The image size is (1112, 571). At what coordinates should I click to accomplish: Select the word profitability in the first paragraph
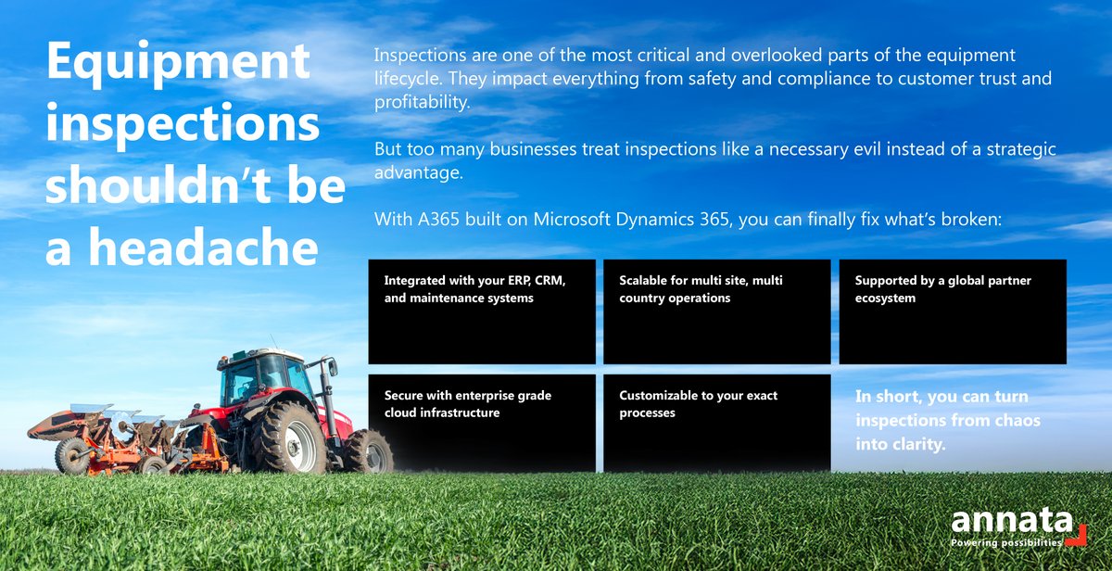(422, 101)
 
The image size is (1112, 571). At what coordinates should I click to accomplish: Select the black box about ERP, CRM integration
(482, 311)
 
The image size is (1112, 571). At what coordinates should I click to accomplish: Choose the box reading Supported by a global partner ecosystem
(953, 311)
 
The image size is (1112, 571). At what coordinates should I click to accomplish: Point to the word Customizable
(662, 396)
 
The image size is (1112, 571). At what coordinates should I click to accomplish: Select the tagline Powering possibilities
(1006, 543)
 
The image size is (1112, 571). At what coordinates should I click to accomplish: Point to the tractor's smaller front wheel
(368, 451)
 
